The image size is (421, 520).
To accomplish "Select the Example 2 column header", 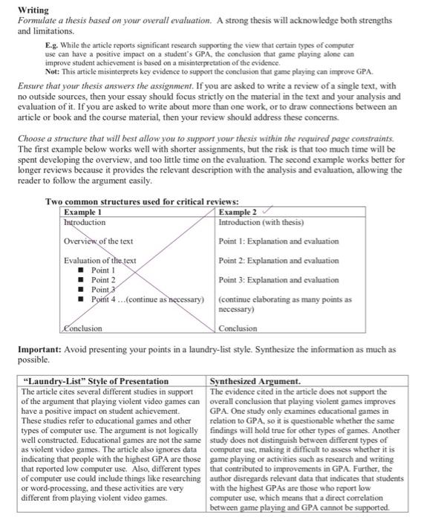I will click(x=239, y=212).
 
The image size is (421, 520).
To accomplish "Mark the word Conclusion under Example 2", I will click(x=238, y=328).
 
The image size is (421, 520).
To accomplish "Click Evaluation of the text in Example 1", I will click(x=101, y=260).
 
